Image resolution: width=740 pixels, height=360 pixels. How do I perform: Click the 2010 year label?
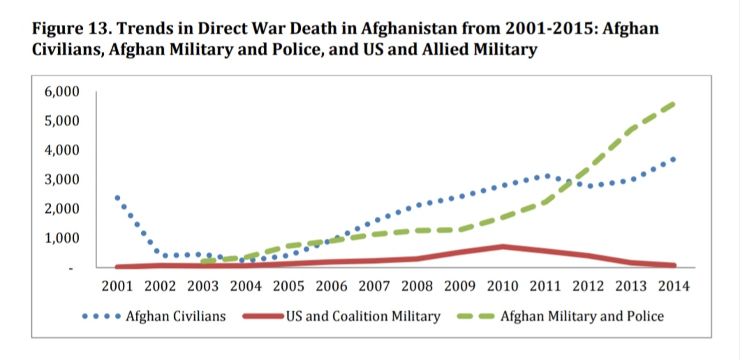(503, 286)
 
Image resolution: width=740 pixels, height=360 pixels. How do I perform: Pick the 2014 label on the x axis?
(674, 286)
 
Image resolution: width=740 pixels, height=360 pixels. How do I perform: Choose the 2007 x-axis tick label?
(373, 286)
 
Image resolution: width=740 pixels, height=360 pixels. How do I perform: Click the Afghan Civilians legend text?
(176, 316)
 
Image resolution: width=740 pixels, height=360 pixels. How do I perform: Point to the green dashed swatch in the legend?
(475, 317)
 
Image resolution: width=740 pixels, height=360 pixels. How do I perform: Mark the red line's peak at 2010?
(503, 246)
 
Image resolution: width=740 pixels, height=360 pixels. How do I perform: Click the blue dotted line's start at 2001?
(117, 197)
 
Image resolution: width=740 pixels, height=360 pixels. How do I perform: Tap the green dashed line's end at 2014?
(673, 103)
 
